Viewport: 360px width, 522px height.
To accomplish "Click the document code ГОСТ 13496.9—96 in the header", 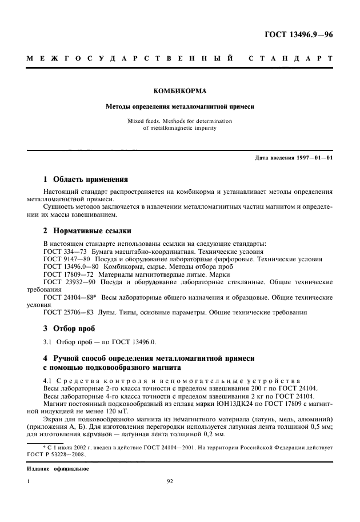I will (298, 34).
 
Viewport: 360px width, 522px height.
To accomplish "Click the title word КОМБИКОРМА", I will (180, 90).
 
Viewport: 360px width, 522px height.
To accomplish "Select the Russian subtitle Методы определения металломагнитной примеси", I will (180, 106).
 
